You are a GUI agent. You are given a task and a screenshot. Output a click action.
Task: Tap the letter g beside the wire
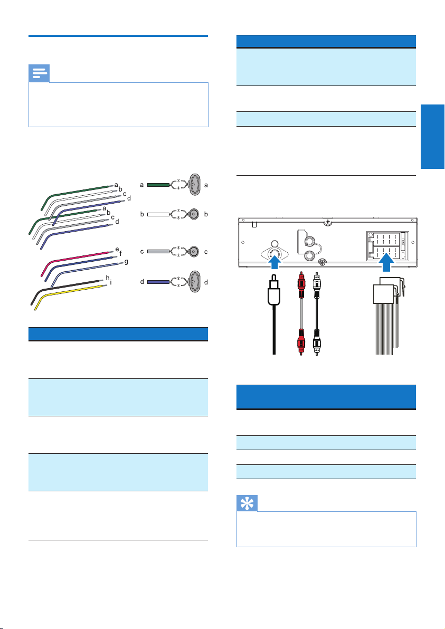coord(126,261)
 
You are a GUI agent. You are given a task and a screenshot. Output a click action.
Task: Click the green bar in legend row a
coord(157,185)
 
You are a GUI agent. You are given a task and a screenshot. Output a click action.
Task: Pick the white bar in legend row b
coord(157,215)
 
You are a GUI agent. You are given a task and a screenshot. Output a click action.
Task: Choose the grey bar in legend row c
coord(157,252)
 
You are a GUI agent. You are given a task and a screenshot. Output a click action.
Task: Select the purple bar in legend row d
coord(157,282)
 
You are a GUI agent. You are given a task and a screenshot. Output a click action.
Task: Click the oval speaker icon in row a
coord(195,185)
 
